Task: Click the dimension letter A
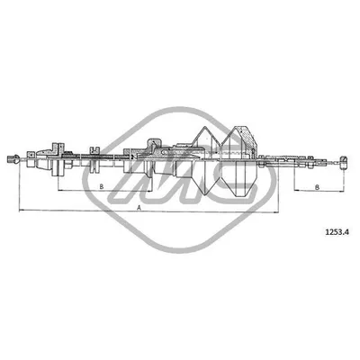point(139,206)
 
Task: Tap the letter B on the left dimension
point(101,187)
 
